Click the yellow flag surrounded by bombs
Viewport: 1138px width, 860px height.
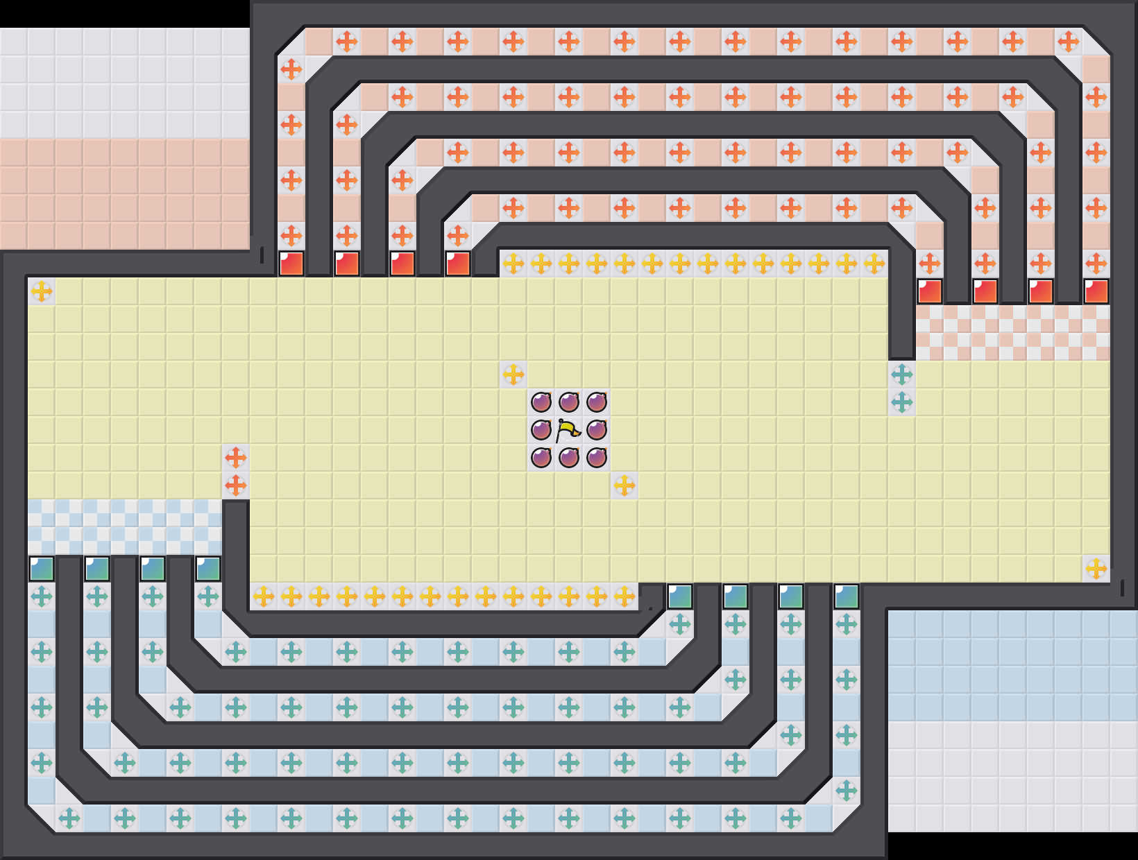(569, 431)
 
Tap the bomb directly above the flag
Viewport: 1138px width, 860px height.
(569, 402)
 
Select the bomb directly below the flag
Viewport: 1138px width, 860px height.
(569, 458)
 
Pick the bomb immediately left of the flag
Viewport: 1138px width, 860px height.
(541, 430)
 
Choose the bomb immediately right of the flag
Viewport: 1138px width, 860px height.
(597, 430)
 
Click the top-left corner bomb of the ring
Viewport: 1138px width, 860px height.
(541, 402)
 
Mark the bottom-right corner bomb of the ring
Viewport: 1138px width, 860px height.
(597, 458)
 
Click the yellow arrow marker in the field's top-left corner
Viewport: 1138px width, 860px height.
(42, 291)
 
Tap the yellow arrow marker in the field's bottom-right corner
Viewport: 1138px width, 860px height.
(1096, 569)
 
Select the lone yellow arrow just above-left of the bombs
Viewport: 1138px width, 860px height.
(513, 375)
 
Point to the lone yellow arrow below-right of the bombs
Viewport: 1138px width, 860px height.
(625, 485)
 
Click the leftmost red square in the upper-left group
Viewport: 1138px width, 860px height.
(291, 264)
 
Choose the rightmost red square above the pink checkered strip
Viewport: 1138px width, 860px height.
(1096, 291)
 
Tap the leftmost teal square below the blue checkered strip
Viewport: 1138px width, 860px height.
(42, 569)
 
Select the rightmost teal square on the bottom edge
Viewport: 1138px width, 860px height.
(847, 596)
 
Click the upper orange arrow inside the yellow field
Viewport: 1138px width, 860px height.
(236, 458)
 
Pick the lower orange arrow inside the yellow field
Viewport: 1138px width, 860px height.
(236, 485)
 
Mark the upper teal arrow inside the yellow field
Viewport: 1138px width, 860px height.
(902, 375)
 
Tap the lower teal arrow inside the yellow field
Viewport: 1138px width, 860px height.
(902, 402)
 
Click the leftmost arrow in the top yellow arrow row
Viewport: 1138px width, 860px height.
(513, 264)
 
